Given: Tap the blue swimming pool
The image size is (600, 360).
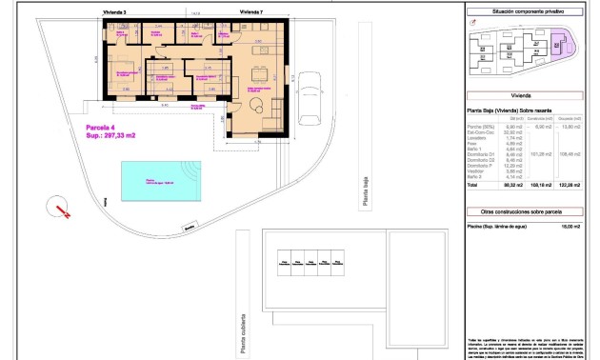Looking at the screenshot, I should (x=161, y=179).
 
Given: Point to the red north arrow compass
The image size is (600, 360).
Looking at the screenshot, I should (x=60, y=208).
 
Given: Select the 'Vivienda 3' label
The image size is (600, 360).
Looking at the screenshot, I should (x=116, y=11).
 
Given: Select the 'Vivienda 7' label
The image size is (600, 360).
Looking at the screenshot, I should (x=251, y=11).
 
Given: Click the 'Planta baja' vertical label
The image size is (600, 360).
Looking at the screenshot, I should (x=363, y=198).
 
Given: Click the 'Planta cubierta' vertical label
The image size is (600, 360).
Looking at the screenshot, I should (x=244, y=328).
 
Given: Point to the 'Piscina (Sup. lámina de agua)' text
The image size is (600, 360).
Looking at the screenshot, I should (x=495, y=226).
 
